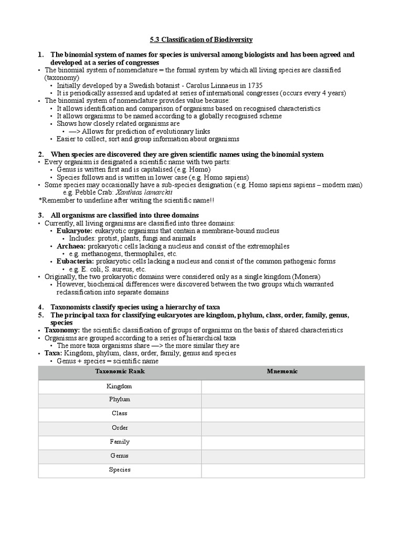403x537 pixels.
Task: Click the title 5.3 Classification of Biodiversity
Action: [201, 40]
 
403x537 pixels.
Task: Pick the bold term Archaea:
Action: [71, 246]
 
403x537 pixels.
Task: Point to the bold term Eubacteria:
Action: [76, 261]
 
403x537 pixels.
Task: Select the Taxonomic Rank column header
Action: [120, 371]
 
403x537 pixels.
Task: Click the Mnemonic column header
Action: [282, 371]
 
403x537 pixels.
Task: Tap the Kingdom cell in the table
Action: [120, 386]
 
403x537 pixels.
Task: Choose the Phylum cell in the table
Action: [120, 400]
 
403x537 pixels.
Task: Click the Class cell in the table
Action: [120, 414]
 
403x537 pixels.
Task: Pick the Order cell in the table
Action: [120, 428]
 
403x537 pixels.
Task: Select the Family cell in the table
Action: [120, 442]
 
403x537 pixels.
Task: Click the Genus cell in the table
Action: [120, 456]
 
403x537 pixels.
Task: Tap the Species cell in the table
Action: [120, 470]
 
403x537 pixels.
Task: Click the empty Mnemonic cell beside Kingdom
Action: [282, 386]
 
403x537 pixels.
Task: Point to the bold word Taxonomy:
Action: [62, 330]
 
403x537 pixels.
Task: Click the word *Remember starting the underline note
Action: [56, 200]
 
